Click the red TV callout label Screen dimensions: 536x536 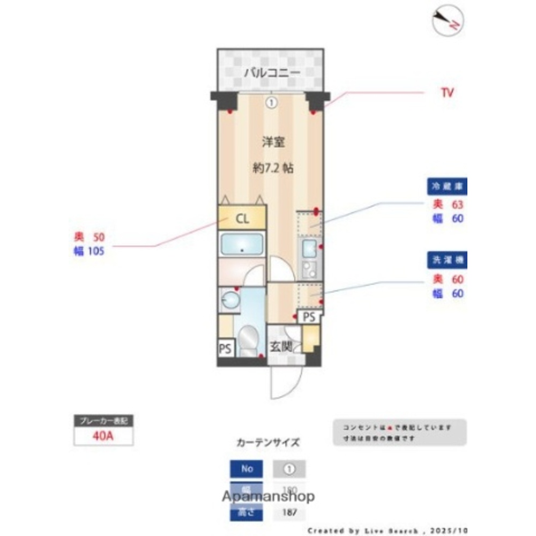point(447,93)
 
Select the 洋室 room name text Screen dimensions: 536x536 point(273,142)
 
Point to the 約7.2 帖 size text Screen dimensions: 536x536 point(273,168)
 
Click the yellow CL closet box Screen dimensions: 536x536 point(242,219)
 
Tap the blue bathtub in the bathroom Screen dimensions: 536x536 point(242,245)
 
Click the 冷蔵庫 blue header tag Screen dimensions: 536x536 point(446,186)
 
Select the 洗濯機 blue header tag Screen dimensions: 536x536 point(446,260)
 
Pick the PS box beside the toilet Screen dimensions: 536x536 point(226,349)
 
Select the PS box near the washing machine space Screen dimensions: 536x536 point(309,317)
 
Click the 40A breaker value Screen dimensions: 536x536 point(103,435)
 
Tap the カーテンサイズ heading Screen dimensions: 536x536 point(267,443)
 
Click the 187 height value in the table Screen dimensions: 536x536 point(289,512)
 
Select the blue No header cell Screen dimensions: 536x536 point(247,468)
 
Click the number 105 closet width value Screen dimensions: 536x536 point(96,250)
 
